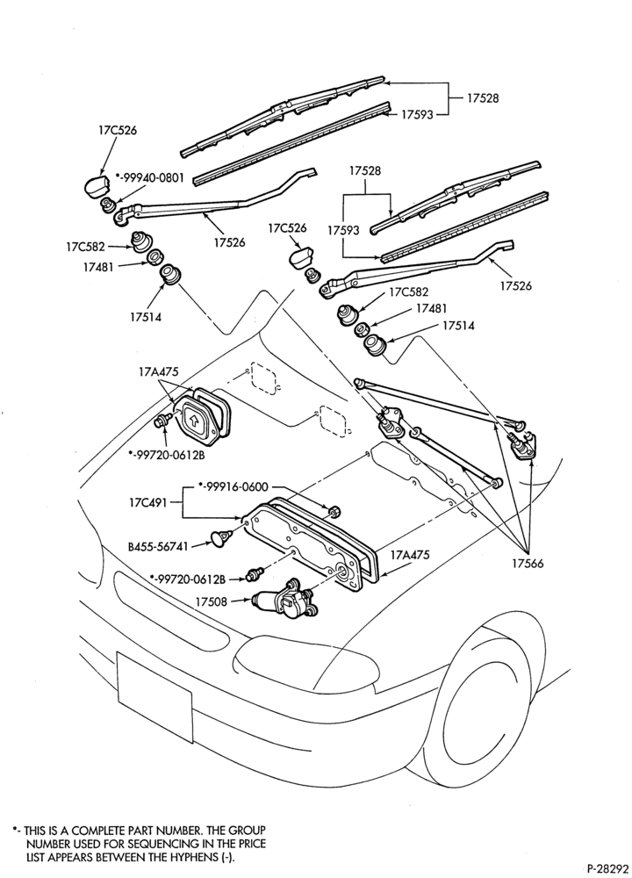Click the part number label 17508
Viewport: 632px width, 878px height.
(211, 602)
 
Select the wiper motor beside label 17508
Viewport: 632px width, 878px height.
(284, 600)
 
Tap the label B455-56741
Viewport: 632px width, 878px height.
(157, 546)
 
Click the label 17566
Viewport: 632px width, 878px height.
(528, 564)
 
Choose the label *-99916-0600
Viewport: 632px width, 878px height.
(234, 487)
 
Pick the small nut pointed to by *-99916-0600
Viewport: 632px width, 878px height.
(335, 511)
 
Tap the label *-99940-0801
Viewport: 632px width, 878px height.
(149, 177)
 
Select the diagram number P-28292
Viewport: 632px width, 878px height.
(606, 869)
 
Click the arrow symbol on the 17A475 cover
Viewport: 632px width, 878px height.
(193, 418)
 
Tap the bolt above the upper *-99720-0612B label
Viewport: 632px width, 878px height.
(163, 421)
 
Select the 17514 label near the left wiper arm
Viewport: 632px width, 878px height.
(146, 317)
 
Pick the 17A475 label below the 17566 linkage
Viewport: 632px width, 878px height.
(410, 555)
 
